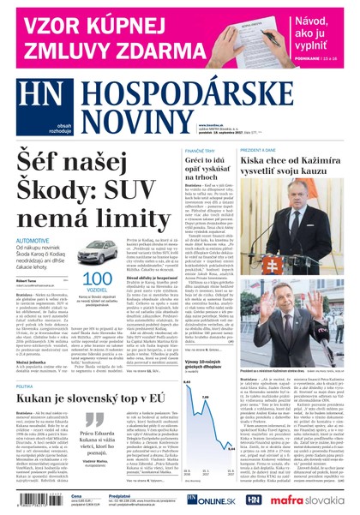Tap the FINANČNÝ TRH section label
coord(200,151)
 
